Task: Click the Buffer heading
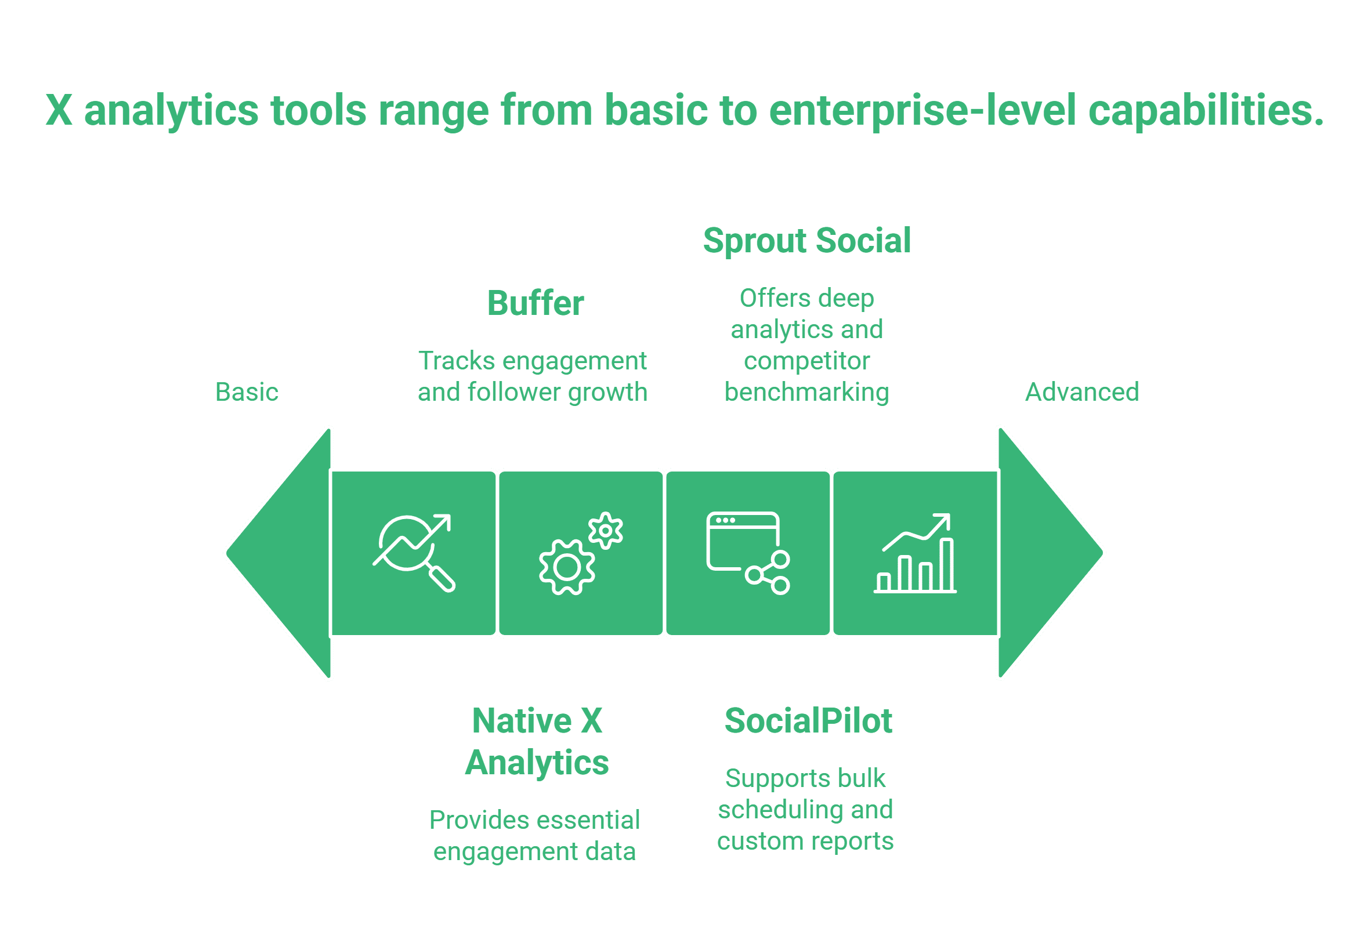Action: coord(535,303)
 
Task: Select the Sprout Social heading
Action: coord(806,241)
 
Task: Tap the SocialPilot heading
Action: coord(808,721)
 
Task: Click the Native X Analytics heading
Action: coord(536,742)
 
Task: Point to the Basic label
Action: coord(247,392)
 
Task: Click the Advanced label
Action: coord(1081,392)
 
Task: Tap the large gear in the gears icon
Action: coord(567,567)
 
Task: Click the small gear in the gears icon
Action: coord(605,530)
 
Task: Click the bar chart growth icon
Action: coord(915,553)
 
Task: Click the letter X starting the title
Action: coord(59,111)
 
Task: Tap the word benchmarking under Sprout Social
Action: coord(806,392)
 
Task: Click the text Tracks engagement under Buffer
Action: coord(532,361)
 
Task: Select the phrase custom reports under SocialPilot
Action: coord(805,841)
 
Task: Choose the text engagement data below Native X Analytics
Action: coord(534,852)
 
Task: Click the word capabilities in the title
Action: coord(1206,111)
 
